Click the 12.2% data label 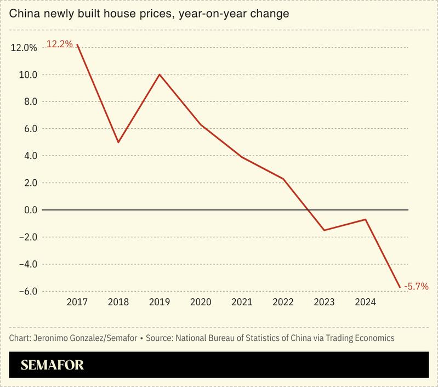59,44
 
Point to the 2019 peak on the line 160,75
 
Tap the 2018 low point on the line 118,142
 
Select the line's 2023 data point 324,230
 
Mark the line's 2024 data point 365,219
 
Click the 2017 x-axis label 77,302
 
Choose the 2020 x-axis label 201,302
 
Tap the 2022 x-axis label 283,302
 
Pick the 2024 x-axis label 365,302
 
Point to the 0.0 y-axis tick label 30,210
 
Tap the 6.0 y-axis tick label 30,129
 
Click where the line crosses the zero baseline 308,210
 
